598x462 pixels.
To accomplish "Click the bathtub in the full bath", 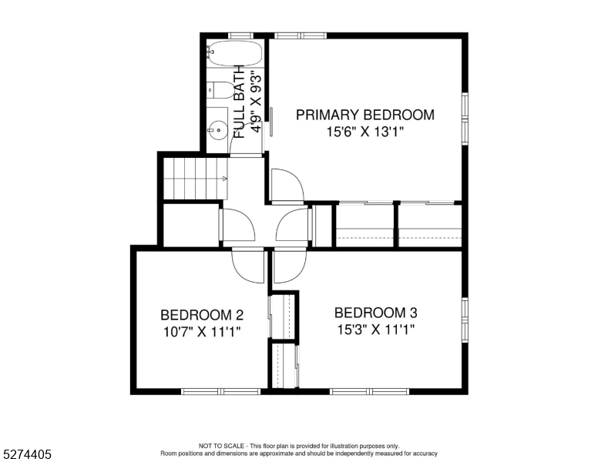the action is [x=235, y=53].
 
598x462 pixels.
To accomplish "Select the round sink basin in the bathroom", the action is [x=218, y=130].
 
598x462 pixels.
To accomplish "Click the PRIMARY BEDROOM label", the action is [x=365, y=115].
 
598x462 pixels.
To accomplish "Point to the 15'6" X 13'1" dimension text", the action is [x=365, y=132].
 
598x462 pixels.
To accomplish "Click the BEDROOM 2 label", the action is [x=202, y=315].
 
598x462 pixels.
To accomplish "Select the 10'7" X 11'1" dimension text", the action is [x=202, y=332].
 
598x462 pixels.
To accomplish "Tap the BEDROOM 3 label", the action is [x=375, y=313].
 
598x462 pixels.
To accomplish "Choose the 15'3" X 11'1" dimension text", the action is [x=375, y=330].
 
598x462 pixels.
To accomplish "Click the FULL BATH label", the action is [x=239, y=102].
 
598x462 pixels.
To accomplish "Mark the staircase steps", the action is [x=195, y=179].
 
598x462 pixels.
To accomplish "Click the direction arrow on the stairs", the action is [x=224, y=179].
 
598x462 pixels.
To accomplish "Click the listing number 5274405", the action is [x=27, y=454].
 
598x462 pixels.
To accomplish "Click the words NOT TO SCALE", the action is [x=222, y=446].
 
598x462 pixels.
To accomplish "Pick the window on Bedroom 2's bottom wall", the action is [x=221, y=391].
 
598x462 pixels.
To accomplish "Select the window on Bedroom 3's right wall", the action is [x=465, y=321].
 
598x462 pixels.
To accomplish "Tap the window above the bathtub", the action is [x=241, y=35].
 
